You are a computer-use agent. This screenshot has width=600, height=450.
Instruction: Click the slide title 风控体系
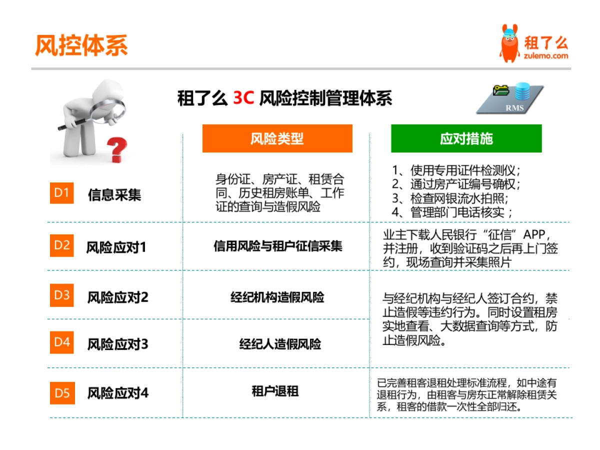point(81,45)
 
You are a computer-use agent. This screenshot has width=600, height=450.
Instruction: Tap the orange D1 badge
point(61,193)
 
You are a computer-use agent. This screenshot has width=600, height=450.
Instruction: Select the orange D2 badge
point(61,245)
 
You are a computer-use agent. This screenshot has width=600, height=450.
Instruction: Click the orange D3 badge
point(61,295)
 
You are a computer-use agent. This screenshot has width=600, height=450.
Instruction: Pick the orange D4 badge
point(61,342)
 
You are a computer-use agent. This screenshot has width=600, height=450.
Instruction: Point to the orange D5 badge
point(61,393)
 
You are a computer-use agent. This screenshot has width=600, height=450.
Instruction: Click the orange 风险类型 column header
point(277,138)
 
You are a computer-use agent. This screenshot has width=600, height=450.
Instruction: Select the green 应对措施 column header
point(466,138)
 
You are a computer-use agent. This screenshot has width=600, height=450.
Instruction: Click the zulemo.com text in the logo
point(546,56)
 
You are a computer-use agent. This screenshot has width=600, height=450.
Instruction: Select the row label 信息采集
point(114,195)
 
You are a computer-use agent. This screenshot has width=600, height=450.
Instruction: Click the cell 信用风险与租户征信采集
point(278,246)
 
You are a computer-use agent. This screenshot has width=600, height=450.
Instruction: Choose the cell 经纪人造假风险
point(280,344)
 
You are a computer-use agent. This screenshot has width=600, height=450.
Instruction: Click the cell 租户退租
point(275,391)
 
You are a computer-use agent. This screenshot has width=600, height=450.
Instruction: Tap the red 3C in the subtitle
point(244,98)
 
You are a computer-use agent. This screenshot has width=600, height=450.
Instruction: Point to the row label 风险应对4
point(118,393)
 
